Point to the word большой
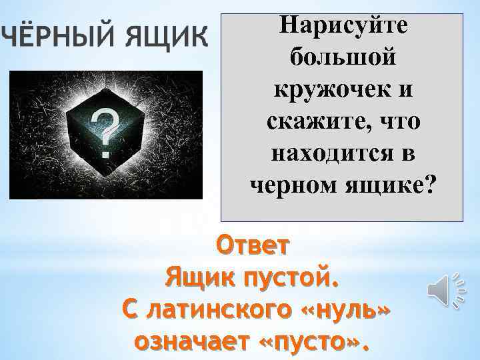click(342, 58)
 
